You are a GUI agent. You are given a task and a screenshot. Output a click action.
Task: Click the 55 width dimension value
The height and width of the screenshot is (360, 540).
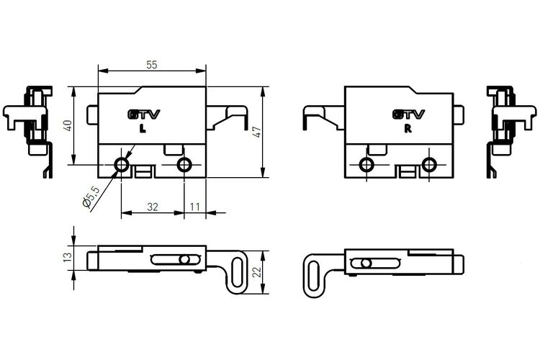click(x=151, y=65)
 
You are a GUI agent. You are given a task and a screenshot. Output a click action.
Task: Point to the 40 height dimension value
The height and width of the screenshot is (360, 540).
click(x=68, y=125)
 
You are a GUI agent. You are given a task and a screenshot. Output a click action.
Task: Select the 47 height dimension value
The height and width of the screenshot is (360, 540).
click(x=257, y=132)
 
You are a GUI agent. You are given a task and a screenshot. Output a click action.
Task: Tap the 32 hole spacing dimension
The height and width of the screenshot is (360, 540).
click(x=152, y=207)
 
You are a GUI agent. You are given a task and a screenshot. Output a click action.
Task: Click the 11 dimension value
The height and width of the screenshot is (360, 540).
click(x=195, y=207)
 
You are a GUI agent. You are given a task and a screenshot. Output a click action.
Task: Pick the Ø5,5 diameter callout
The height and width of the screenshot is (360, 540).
click(x=91, y=197)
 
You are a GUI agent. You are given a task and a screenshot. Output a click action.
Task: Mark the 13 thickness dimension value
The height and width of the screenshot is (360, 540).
click(x=68, y=256)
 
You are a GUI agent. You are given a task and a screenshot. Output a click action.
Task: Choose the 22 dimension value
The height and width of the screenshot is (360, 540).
click(x=257, y=272)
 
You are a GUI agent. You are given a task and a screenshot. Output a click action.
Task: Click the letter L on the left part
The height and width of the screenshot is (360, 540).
click(x=143, y=129)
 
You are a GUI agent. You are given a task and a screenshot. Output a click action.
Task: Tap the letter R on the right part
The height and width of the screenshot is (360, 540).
click(x=408, y=129)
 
